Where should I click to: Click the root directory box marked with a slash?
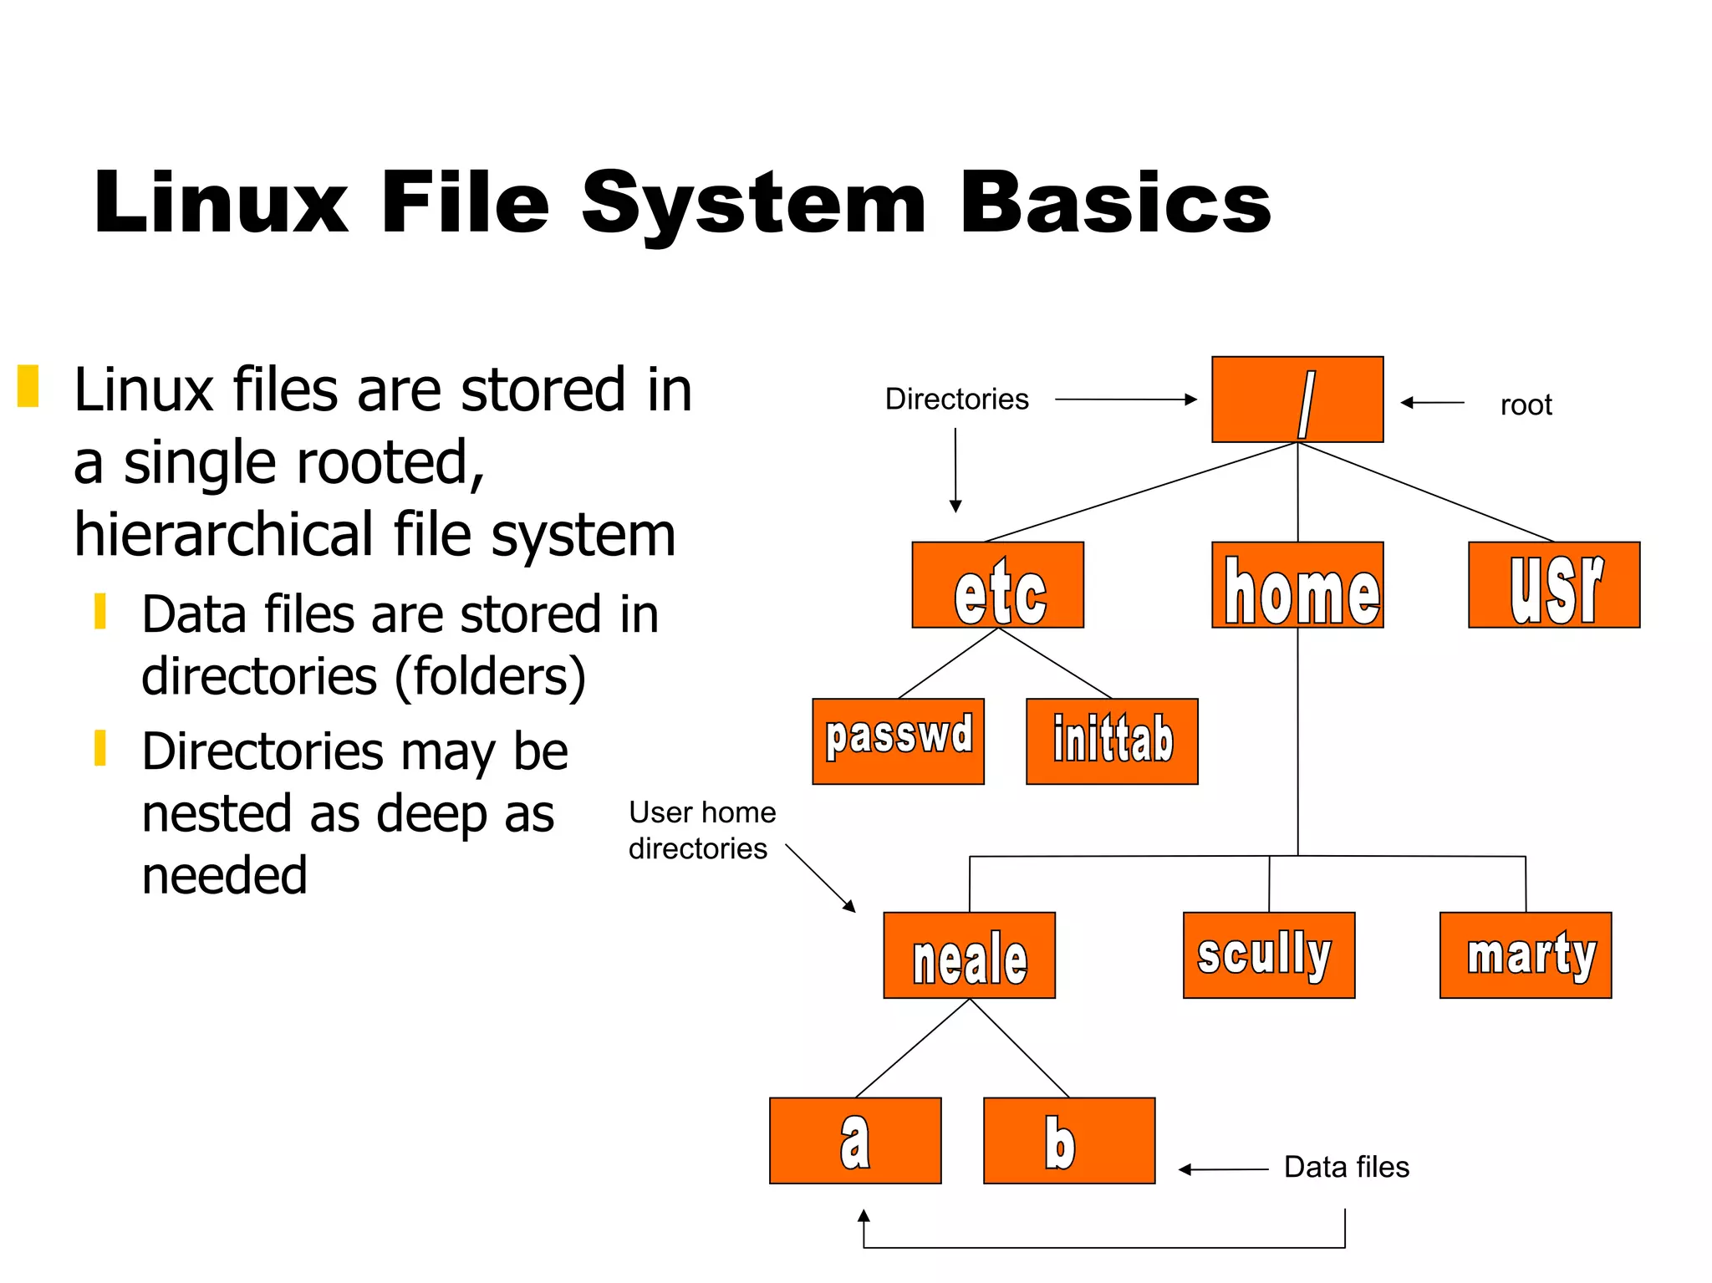tap(1297, 400)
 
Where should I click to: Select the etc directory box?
tap(997, 585)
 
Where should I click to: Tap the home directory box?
tap(1297, 585)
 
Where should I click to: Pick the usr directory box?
tap(1554, 585)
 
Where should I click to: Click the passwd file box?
tap(898, 741)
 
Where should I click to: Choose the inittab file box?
tap(1112, 741)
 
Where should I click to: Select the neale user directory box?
tap(969, 955)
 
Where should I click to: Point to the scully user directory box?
tap(1269, 955)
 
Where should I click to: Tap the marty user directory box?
tap(1526, 955)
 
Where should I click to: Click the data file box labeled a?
tap(855, 1141)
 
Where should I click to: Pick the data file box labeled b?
tap(1069, 1141)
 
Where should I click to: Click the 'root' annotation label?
tap(1526, 405)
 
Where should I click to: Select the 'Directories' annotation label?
tap(956, 400)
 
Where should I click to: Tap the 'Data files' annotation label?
tap(1346, 1167)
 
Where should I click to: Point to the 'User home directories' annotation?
tap(701, 830)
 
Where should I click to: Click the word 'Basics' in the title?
tap(1115, 203)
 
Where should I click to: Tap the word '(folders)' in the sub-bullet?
tap(490, 676)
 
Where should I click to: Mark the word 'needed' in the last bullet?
tap(225, 875)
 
